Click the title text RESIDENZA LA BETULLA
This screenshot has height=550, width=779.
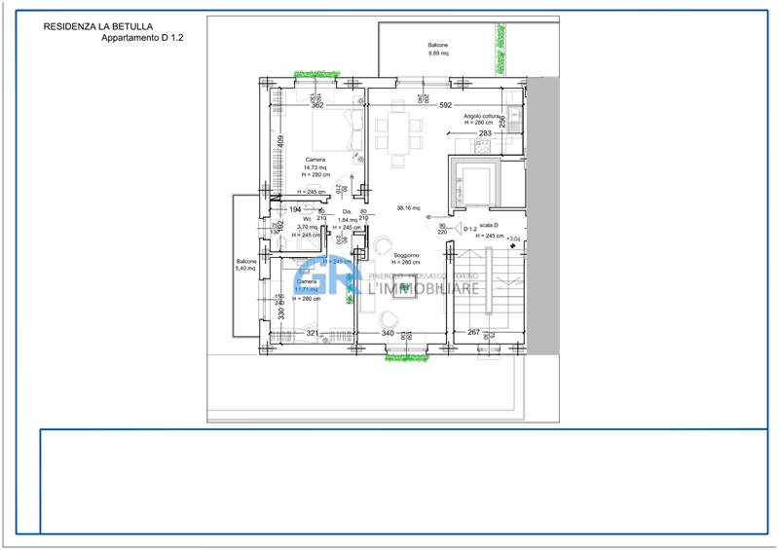click(x=97, y=27)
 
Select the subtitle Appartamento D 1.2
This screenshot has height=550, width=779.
click(x=142, y=39)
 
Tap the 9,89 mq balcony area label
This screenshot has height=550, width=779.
click(x=438, y=55)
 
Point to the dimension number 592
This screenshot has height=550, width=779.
click(x=446, y=105)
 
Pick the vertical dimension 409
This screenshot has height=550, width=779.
click(x=280, y=141)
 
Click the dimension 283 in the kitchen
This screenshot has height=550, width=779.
click(x=485, y=133)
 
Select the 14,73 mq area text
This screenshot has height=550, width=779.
click(x=315, y=167)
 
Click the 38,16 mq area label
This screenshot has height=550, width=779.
click(x=408, y=208)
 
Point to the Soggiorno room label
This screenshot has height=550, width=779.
click(x=405, y=256)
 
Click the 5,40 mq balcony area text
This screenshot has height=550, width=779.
click(x=245, y=269)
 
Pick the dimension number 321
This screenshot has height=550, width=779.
click(x=313, y=334)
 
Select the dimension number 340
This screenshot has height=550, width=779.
click(x=387, y=334)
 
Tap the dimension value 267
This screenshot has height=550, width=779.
click(x=474, y=334)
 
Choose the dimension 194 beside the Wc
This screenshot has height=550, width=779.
click(x=295, y=209)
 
